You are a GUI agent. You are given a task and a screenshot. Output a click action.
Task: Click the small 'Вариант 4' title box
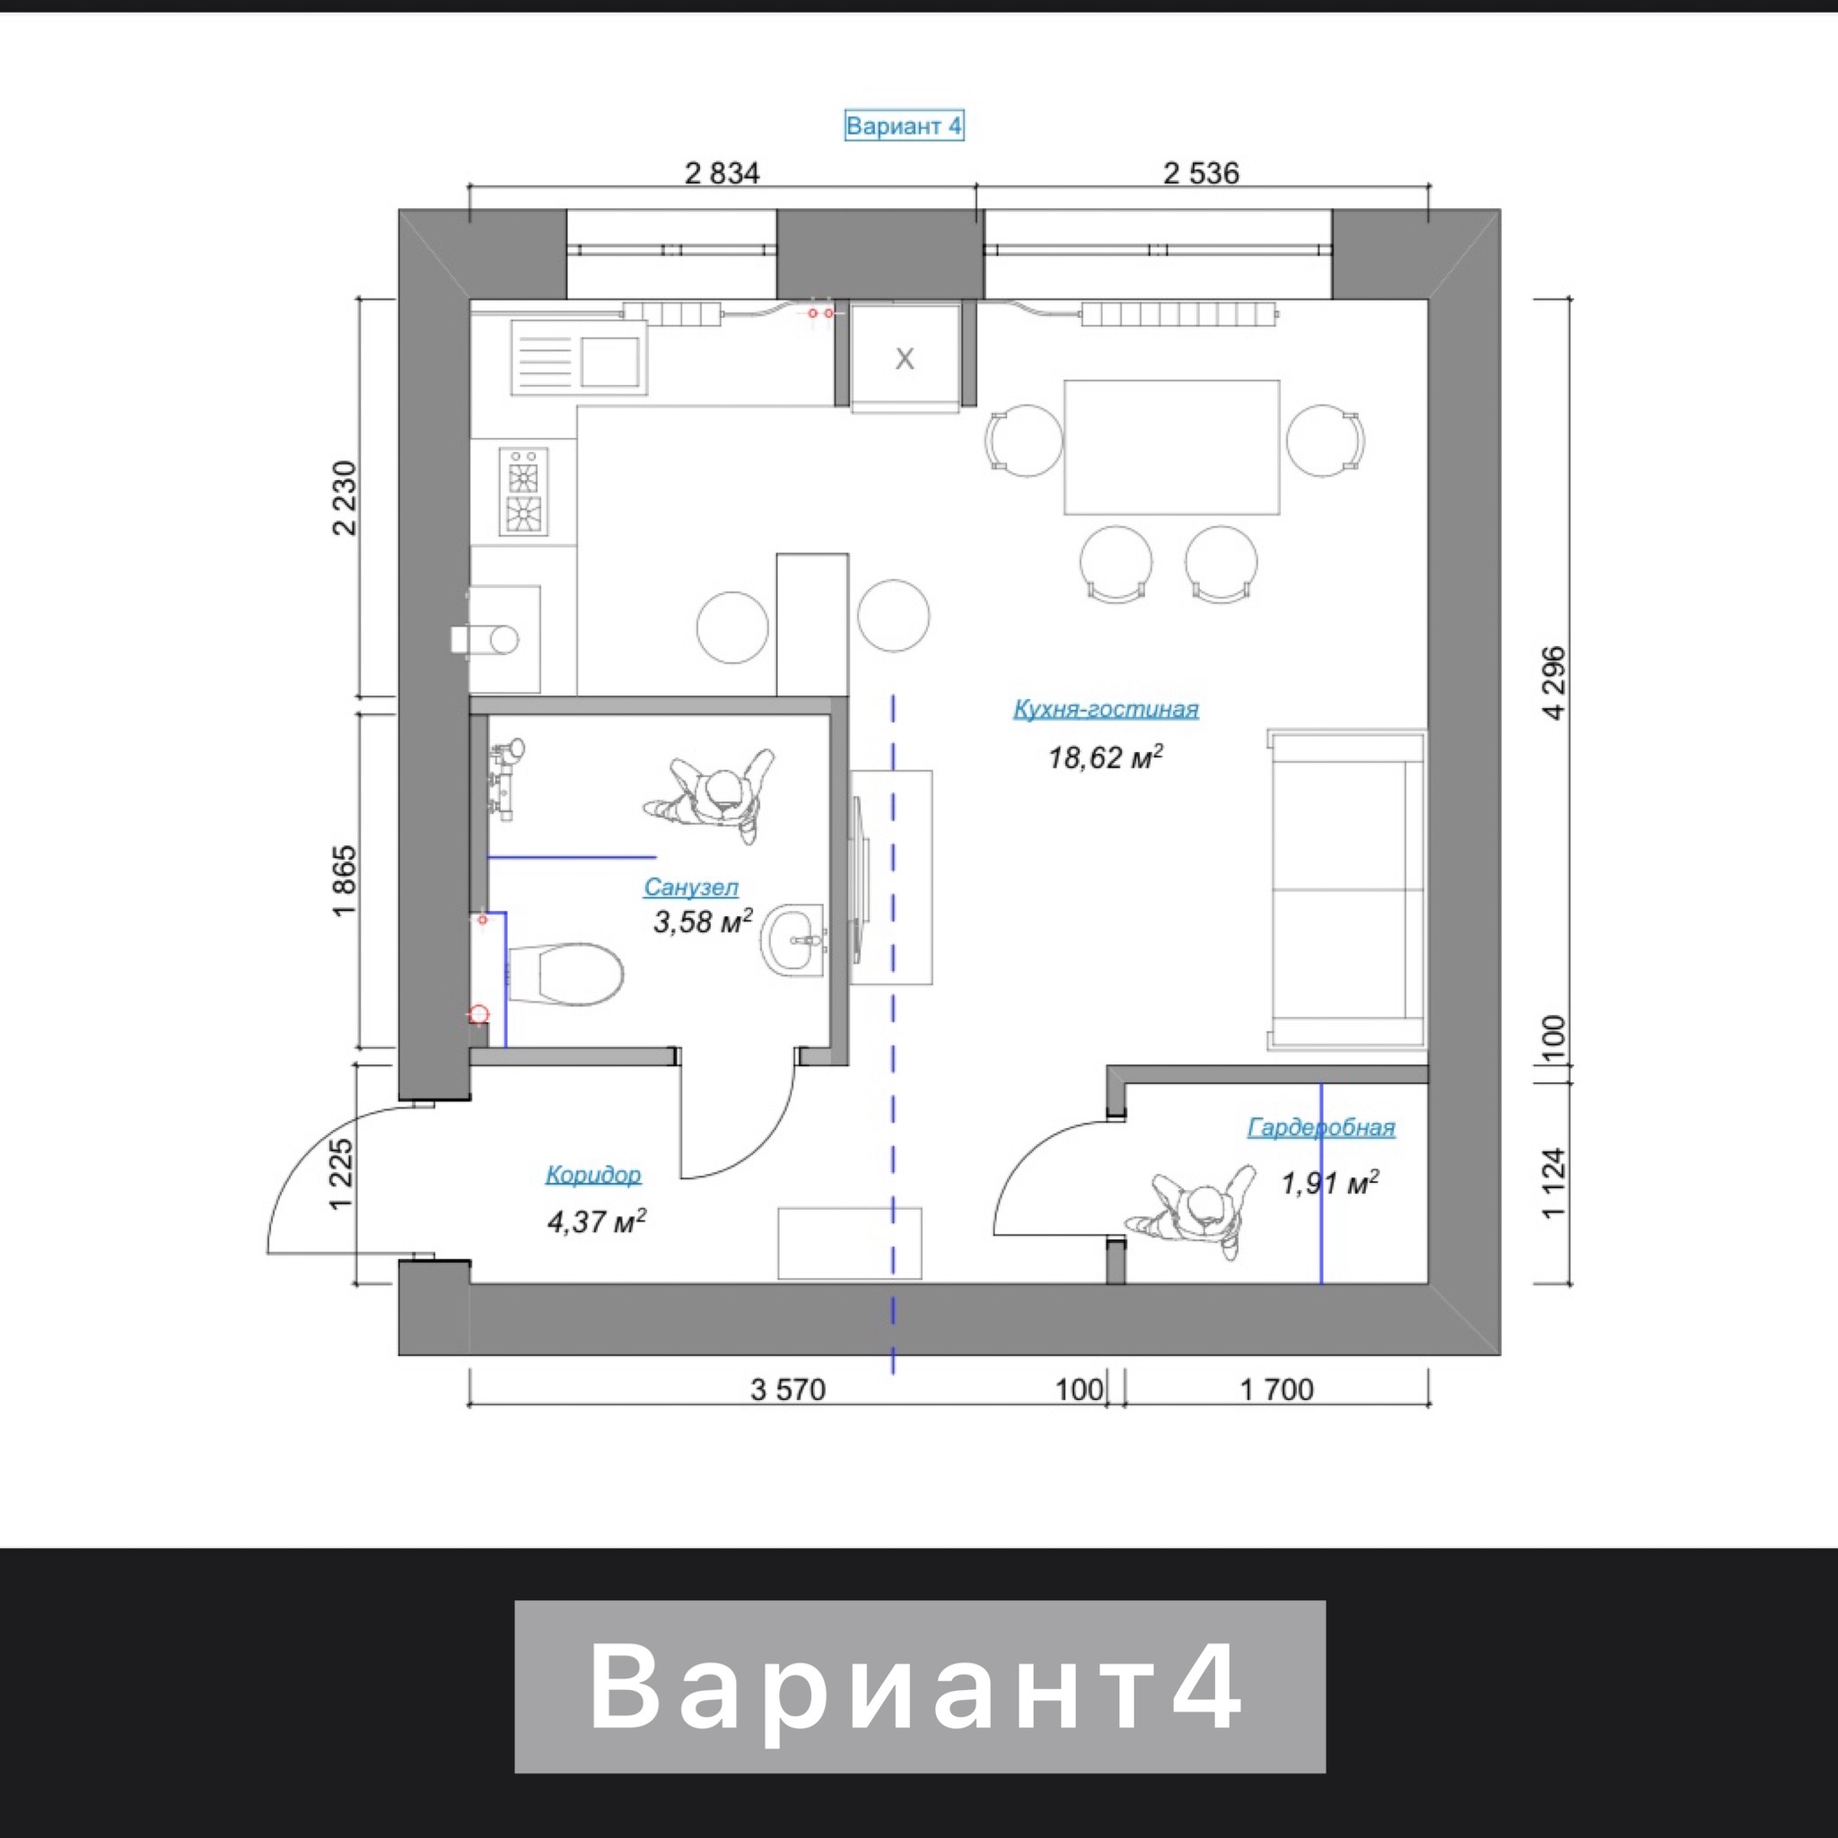pyautogui.click(x=904, y=126)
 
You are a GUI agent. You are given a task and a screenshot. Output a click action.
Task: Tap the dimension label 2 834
pyautogui.click(x=722, y=173)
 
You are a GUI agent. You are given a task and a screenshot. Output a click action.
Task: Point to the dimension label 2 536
pyautogui.click(x=1202, y=173)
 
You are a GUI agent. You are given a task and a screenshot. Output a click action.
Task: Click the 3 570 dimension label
pyautogui.click(x=788, y=1390)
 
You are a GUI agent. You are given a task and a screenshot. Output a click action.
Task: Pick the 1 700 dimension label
pyautogui.click(x=1277, y=1390)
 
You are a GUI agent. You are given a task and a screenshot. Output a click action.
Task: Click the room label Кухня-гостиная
pyautogui.click(x=1106, y=710)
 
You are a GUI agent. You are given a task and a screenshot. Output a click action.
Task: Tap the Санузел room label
pyautogui.click(x=691, y=888)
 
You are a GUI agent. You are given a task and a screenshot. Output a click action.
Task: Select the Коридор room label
pyautogui.click(x=592, y=1175)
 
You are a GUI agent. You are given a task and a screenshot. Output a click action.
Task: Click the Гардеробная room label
pyautogui.click(x=1321, y=1127)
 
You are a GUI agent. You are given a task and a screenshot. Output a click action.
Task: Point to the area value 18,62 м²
pyautogui.click(x=1106, y=757)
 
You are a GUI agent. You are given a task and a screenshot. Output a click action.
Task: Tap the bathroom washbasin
pyautogui.click(x=792, y=939)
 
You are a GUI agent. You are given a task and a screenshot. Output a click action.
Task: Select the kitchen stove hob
pyautogui.click(x=523, y=492)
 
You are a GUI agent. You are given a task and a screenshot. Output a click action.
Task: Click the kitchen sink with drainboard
pyautogui.click(x=580, y=357)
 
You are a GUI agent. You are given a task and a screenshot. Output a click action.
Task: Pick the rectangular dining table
pyautogui.click(x=1171, y=447)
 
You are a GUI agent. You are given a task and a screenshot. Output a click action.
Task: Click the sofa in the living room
pyautogui.click(x=1347, y=890)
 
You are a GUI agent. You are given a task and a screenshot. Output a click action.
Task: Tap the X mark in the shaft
pyautogui.click(x=905, y=359)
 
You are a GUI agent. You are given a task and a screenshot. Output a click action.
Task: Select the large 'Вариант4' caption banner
pyautogui.click(x=919, y=1686)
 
